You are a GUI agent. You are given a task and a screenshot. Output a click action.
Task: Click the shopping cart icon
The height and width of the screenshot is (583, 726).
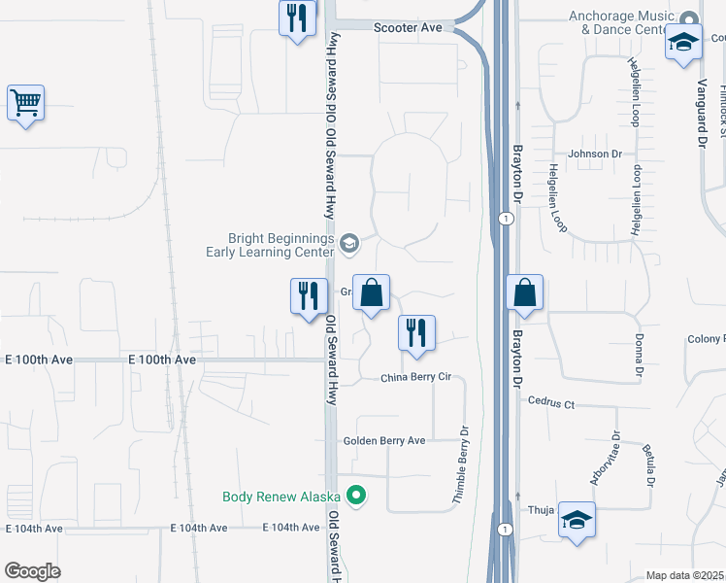click(25, 103)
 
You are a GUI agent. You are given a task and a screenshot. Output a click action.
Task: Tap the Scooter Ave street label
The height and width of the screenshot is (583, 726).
click(408, 28)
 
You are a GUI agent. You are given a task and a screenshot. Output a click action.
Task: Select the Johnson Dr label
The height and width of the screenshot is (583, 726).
click(595, 154)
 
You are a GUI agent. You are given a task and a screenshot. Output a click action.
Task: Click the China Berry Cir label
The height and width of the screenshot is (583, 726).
click(416, 378)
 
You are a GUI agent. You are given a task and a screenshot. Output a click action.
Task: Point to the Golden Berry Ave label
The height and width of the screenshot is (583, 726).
click(384, 440)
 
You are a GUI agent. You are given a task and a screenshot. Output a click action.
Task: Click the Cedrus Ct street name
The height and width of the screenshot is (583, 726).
click(551, 401)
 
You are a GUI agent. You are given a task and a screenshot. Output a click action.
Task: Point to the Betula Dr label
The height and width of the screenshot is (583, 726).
click(649, 465)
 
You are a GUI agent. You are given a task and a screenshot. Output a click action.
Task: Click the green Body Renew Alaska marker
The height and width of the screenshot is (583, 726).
click(356, 496)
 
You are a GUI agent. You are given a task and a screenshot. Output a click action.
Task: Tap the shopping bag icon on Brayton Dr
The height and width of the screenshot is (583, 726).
click(524, 292)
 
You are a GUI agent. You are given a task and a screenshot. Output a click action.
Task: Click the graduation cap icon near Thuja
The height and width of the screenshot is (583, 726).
click(577, 520)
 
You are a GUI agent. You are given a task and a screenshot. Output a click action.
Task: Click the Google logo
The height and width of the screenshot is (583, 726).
click(32, 571)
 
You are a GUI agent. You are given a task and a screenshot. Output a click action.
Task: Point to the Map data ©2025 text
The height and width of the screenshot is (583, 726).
click(683, 575)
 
